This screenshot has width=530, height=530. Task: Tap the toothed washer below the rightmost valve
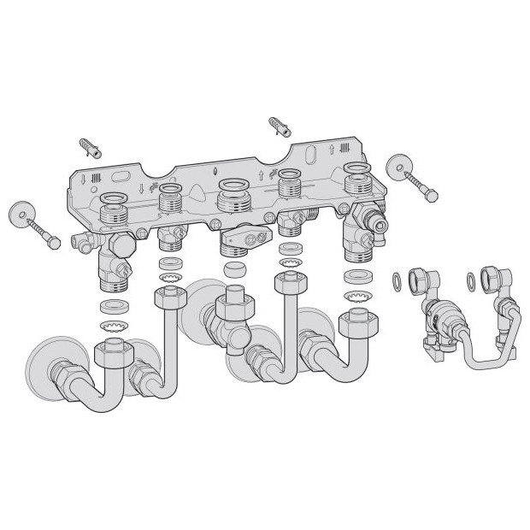354,296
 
